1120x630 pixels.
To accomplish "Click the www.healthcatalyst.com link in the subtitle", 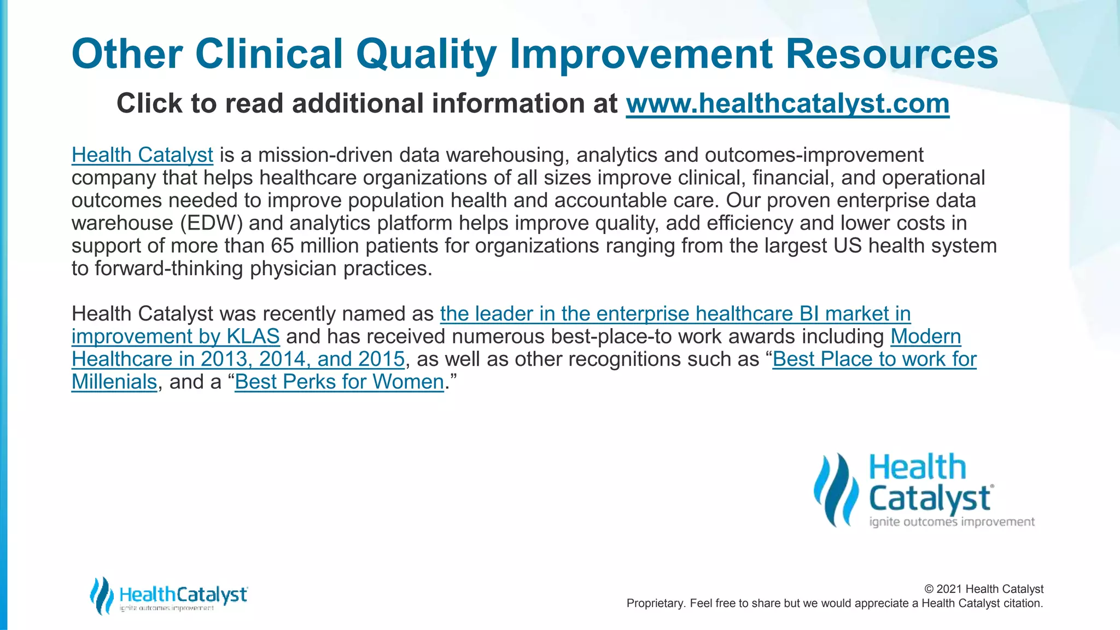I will (787, 103).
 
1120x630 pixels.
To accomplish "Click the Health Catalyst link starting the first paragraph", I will (142, 155).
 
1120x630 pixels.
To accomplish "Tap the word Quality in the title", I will (426, 55).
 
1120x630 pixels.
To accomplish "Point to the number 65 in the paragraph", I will (283, 246).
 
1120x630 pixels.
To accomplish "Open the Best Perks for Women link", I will (339, 382).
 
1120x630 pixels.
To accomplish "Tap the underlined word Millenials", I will (114, 382).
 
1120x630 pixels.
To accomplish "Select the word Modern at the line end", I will (925, 336).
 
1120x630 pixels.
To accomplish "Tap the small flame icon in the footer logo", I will (101, 595).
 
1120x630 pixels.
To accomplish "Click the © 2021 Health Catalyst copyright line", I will (983, 589).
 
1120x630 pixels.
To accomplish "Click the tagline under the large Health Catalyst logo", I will (952, 522).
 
